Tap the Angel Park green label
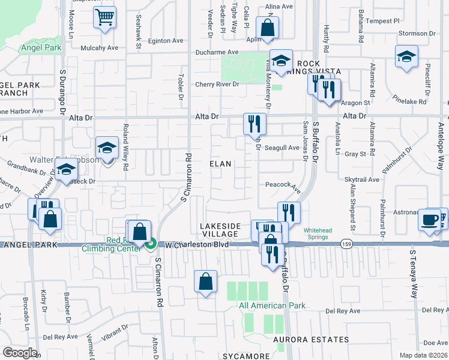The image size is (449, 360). (42, 47)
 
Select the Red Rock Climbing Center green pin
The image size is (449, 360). (151, 244)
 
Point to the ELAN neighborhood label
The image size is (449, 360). (220, 163)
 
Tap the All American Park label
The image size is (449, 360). (272, 305)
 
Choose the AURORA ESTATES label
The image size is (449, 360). (310, 340)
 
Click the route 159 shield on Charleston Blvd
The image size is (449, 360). (345, 244)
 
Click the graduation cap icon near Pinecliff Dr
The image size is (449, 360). (406, 57)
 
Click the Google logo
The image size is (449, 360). (20, 352)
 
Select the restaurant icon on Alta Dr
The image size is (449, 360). (255, 124)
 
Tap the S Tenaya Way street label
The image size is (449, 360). (414, 282)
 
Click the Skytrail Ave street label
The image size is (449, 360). (362, 179)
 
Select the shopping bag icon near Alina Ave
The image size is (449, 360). (267, 28)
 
